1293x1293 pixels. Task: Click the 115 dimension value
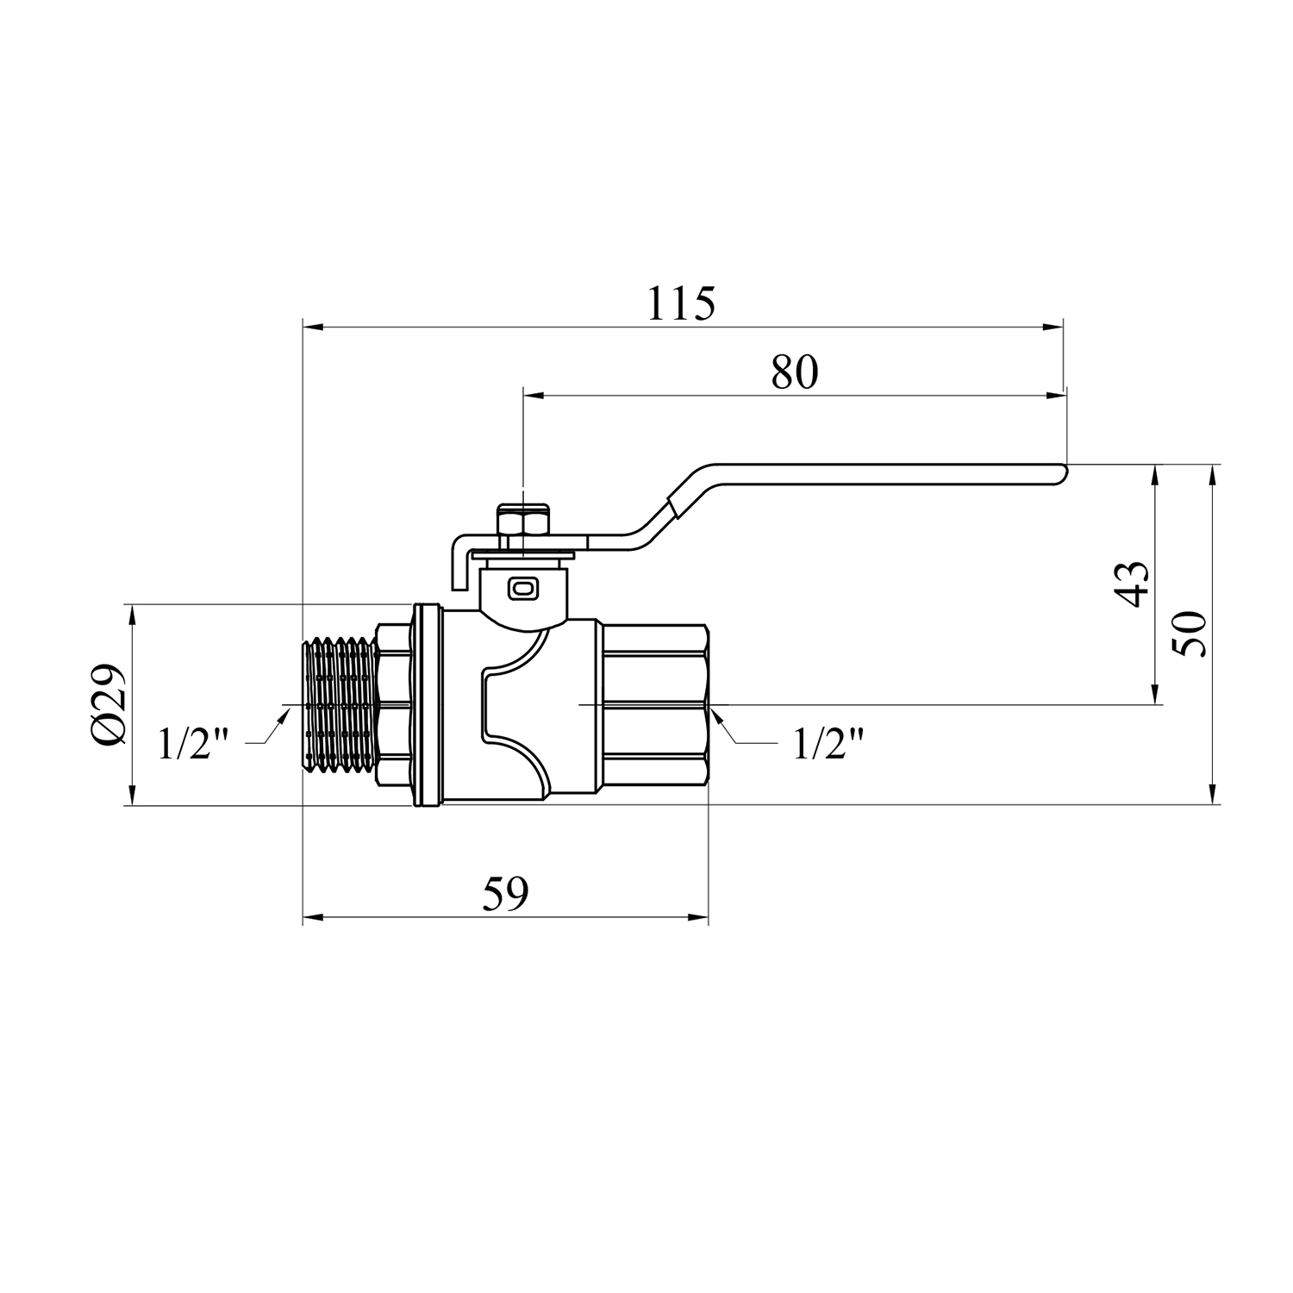tap(681, 303)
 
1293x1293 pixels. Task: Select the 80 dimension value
tap(794, 372)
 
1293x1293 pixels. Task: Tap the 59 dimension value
tap(504, 894)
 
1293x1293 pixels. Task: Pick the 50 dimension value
tap(1191, 634)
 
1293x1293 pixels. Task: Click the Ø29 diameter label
tap(110, 705)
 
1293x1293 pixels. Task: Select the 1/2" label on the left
tap(194, 744)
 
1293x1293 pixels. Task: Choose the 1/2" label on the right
tap(828, 744)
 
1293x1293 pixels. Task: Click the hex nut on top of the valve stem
tap(523, 520)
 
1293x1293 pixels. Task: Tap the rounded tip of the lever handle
tap(1062, 473)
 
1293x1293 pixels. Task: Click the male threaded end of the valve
tap(342, 704)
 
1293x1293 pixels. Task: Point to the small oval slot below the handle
tap(523, 588)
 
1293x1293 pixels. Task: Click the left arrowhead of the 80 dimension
tap(534, 397)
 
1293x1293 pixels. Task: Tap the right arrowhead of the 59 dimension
tap(696, 917)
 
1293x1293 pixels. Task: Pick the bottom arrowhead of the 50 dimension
tap(1213, 794)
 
